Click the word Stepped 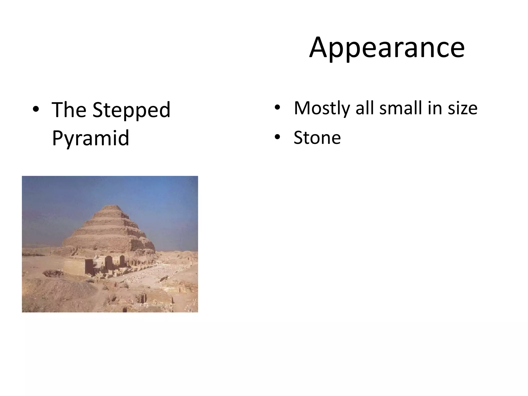[131, 110]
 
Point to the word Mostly [322, 108]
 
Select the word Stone [317, 138]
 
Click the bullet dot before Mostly [277, 108]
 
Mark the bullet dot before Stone [277, 137]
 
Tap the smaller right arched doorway [122, 261]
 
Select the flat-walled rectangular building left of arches [74, 267]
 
